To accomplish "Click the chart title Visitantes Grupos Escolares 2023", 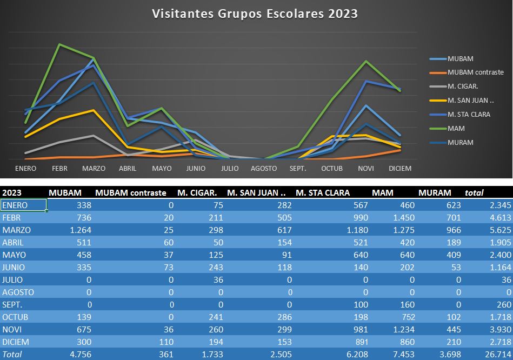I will click(x=255, y=13).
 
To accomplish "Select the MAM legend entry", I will click(x=456, y=129).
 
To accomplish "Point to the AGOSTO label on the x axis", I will click(x=264, y=169).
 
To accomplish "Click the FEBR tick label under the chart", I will click(x=59, y=169).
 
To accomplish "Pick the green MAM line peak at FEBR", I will click(x=59, y=44).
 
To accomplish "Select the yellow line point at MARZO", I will click(x=94, y=110).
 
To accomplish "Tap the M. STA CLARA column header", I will click(x=323, y=192).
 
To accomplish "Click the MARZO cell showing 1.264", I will click(x=79, y=230).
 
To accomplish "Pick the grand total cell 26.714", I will click(x=495, y=355).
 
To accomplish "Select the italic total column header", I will click(x=474, y=192).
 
